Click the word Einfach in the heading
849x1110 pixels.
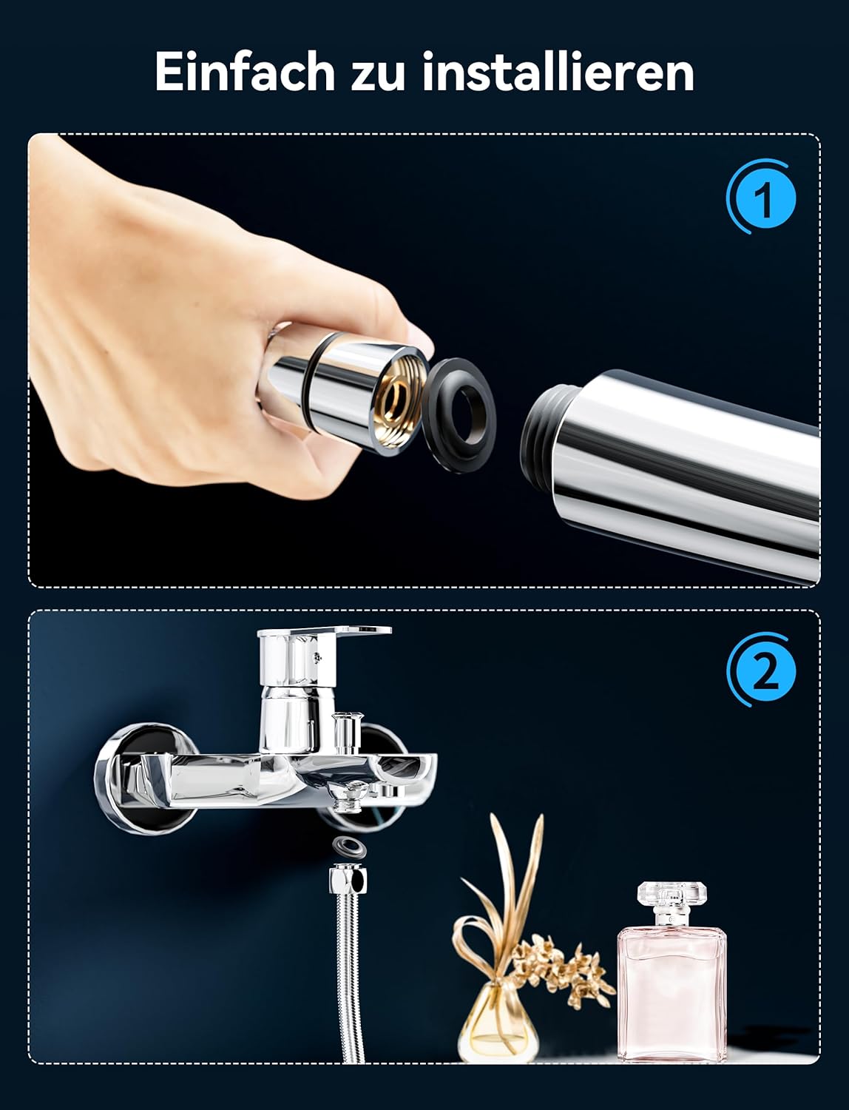click(x=245, y=71)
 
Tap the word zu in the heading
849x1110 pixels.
click(x=379, y=76)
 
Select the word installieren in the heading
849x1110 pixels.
click(x=558, y=71)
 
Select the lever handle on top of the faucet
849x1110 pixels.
click(x=323, y=632)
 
